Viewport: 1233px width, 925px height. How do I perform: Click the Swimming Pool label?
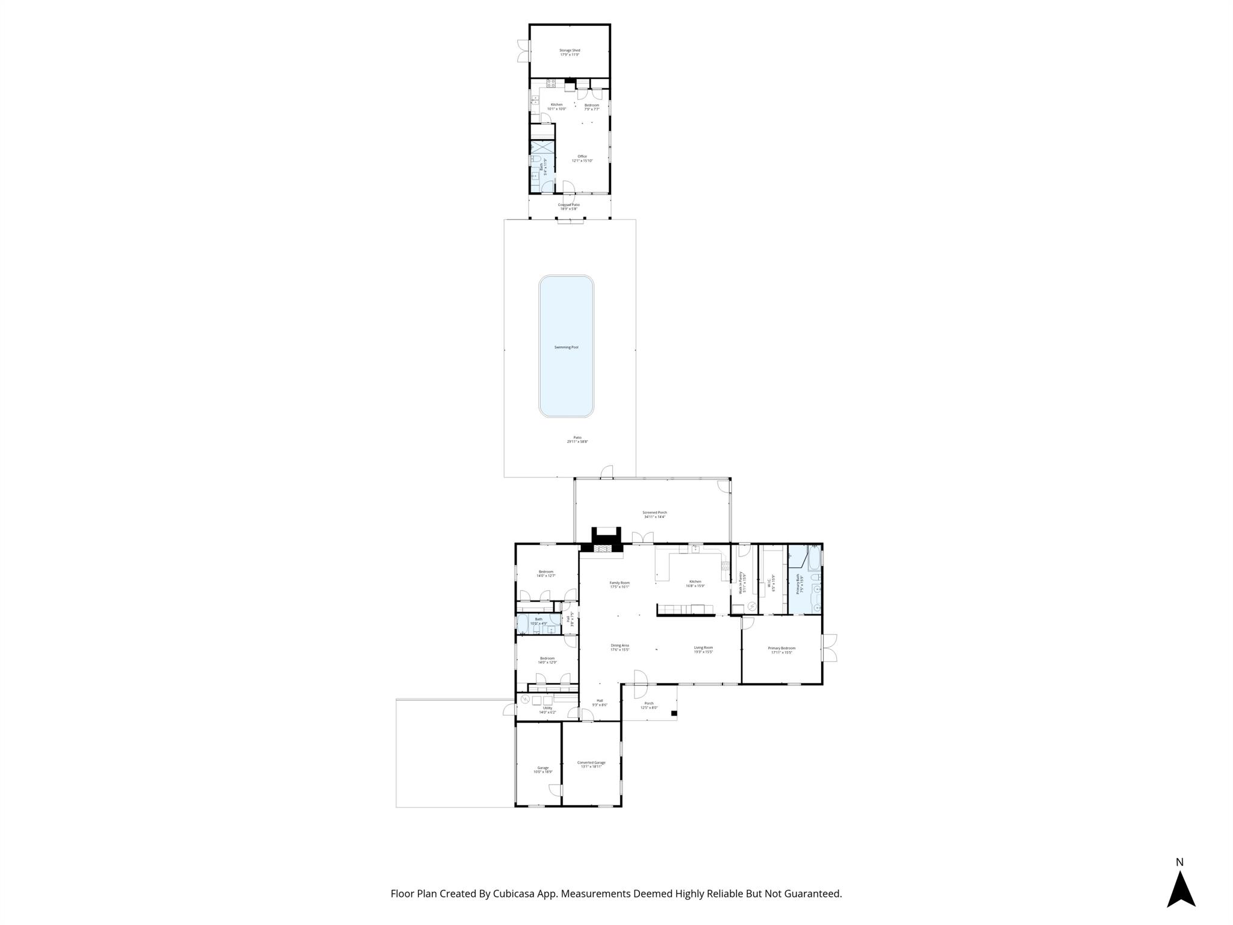[x=566, y=347]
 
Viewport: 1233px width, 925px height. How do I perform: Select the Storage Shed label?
[x=570, y=51]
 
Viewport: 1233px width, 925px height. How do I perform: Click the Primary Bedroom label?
[x=781, y=648]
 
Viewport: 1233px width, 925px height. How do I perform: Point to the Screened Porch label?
[x=654, y=512]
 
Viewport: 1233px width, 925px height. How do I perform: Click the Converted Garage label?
[x=591, y=762]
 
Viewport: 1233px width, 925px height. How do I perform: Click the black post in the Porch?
[x=674, y=714]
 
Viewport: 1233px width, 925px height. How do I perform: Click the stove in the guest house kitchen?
[x=129, y=84]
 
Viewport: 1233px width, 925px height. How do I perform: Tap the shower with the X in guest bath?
[x=542, y=147]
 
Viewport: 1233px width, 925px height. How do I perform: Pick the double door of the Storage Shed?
[x=103, y=51]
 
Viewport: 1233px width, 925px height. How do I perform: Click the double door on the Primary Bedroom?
[x=830, y=649]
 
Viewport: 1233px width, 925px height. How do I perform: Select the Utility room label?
[x=547, y=708]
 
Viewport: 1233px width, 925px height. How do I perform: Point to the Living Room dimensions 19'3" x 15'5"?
[x=703, y=652]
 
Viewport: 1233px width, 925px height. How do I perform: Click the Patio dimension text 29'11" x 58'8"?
[x=577, y=441]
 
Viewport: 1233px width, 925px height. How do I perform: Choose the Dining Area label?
[x=620, y=646]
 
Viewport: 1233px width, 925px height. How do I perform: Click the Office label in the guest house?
[x=582, y=157]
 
